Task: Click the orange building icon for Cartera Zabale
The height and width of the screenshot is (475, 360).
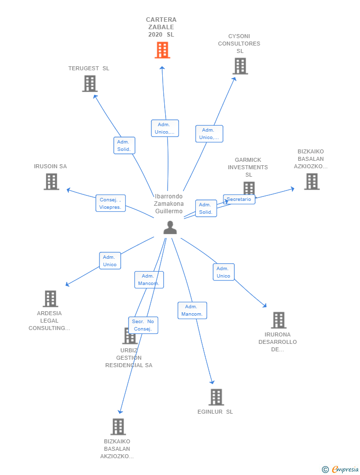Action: [x=162, y=50]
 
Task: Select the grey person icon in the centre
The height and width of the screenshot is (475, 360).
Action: [x=170, y=228]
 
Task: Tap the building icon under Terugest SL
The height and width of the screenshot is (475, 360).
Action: [x=90, y=84]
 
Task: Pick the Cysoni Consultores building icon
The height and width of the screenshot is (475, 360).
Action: [x=240, y=66]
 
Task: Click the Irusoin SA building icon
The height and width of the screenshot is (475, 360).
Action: [x=51, y=182]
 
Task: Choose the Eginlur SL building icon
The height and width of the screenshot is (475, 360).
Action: [x=216, y=397]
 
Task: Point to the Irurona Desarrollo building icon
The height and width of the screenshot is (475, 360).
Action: [x=278, y=320]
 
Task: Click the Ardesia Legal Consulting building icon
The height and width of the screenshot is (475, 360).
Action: [x=50, y=299]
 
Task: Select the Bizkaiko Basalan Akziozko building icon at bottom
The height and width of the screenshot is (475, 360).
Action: [x=118, y=427]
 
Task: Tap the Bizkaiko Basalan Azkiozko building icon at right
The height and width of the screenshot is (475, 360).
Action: [x=312, y=182]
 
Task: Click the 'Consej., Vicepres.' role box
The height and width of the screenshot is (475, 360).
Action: [x=110, y=203]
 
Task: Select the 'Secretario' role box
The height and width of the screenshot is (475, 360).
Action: [x=239, y=199]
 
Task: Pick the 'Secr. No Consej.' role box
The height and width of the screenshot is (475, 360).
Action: [x=143, y=325]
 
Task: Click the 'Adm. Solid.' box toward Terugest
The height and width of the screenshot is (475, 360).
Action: [x=124, y=145]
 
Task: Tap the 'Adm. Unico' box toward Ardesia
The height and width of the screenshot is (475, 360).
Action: [x=110, y=261]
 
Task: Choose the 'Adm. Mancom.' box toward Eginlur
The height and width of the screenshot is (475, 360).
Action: [x=192, y=311]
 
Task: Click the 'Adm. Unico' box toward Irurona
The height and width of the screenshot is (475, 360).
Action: [x=224, y=272]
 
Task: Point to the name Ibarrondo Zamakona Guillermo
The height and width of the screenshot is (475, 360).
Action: [x=169, y=203]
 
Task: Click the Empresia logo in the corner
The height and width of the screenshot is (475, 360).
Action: [x=340, y=469]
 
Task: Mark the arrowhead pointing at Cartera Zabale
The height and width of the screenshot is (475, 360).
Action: [x=162, y=68]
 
